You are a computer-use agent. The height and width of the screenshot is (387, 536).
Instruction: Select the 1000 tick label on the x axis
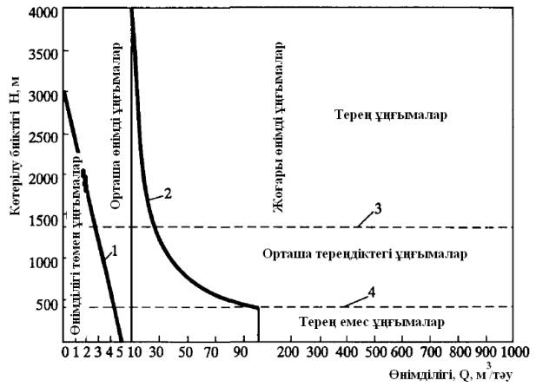click(x=513, y=352)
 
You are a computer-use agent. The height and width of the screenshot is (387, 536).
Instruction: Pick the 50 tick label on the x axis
click(x=183, y=352)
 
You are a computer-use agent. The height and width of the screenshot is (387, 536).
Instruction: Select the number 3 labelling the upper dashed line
click(x=378, y=208)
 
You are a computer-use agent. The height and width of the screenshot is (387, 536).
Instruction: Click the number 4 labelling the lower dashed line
click(x=371, y=292)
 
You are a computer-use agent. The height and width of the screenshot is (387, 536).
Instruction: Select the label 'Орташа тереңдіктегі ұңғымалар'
click(x=365, y=254)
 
